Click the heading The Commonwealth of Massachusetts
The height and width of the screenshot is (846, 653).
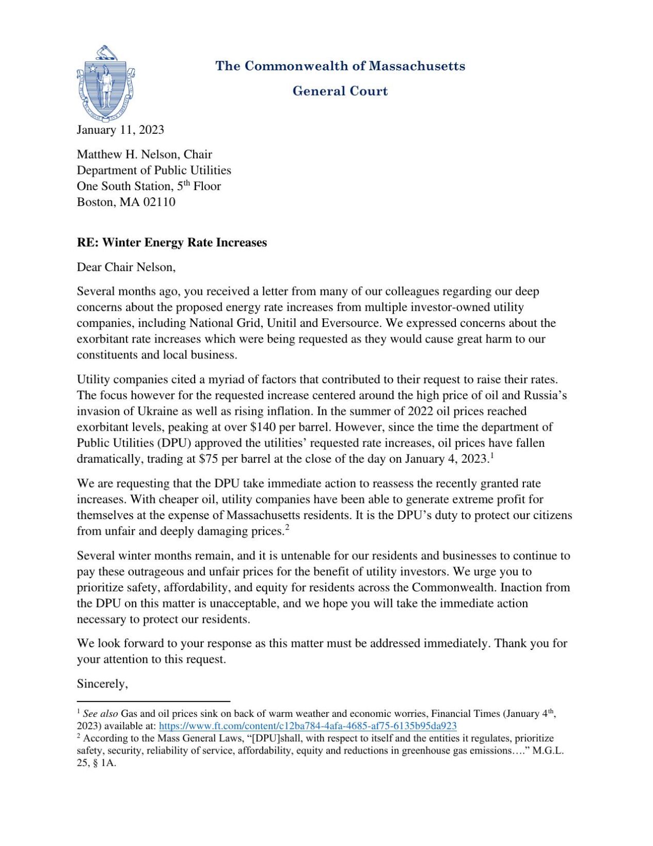click(x=340, y=66)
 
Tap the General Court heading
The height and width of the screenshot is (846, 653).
click(x=340, y=91)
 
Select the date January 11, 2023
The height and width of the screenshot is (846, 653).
click(x=120, y=130)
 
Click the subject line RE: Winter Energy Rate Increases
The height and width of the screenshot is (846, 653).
click(x=172, y=243)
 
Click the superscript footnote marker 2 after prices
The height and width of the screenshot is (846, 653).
click(x=287, y=527)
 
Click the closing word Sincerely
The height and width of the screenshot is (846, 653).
click(x=102, y=684)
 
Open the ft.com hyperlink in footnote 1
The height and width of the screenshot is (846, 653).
click(x=308, y=726)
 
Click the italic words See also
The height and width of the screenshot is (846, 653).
click(x=100, y=714)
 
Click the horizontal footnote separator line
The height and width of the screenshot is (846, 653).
click(x=153, y=701)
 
